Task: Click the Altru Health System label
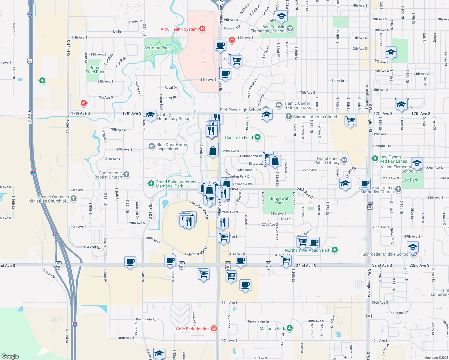coord(179,29)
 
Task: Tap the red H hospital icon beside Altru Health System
coord(203,29)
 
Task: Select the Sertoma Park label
coord(157,48)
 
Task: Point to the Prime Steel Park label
coord(95,70)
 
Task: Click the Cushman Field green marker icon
coord(258,137)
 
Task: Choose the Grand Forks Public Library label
coord(328,160)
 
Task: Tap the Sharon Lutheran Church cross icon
coord(288,116)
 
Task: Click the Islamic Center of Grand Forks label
coord(297,105)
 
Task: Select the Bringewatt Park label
coord(279,200)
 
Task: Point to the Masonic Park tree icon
coord(289,328)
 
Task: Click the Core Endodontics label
coord(193,329)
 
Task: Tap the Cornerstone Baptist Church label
coord(110,175)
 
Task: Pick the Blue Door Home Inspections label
coord(171,147)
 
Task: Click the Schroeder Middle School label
coord(386,254)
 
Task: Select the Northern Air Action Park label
coord(307,250)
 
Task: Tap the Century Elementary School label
coord(174,116)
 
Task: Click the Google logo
coord(10,356)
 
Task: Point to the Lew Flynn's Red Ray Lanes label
coord(393,159)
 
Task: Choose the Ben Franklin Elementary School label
coord(268,29)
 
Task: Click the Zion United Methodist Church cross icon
coord(398,189)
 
